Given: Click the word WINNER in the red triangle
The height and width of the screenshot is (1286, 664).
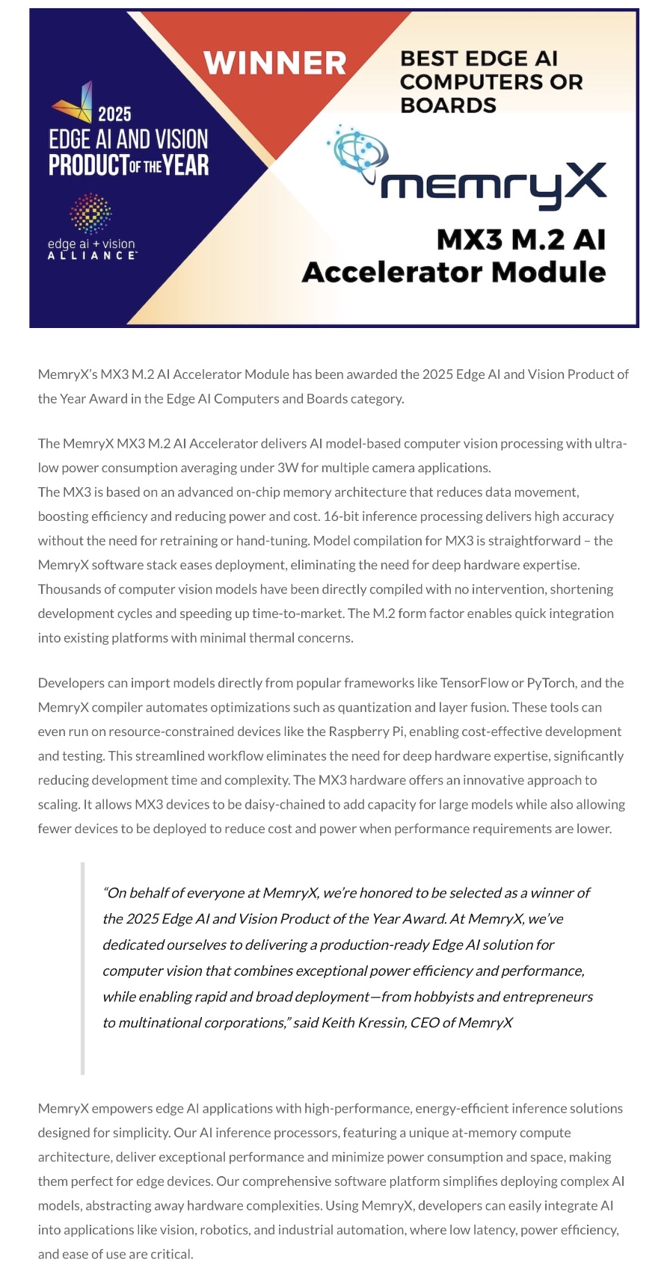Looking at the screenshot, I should [x=274, y=64].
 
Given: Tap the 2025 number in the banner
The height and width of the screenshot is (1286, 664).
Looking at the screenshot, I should [x=114, y=114].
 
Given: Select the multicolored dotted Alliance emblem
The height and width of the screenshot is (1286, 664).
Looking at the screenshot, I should [x=90, y=213].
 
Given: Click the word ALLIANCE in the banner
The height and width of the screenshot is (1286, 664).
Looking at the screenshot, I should [x=92, y=256].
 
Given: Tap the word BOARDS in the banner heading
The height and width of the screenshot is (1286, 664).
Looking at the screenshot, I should [x=449, y=105].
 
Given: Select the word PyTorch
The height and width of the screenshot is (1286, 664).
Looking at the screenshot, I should [x=551, y=683].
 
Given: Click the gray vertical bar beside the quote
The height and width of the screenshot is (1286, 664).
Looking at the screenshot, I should [x=83, y=968].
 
